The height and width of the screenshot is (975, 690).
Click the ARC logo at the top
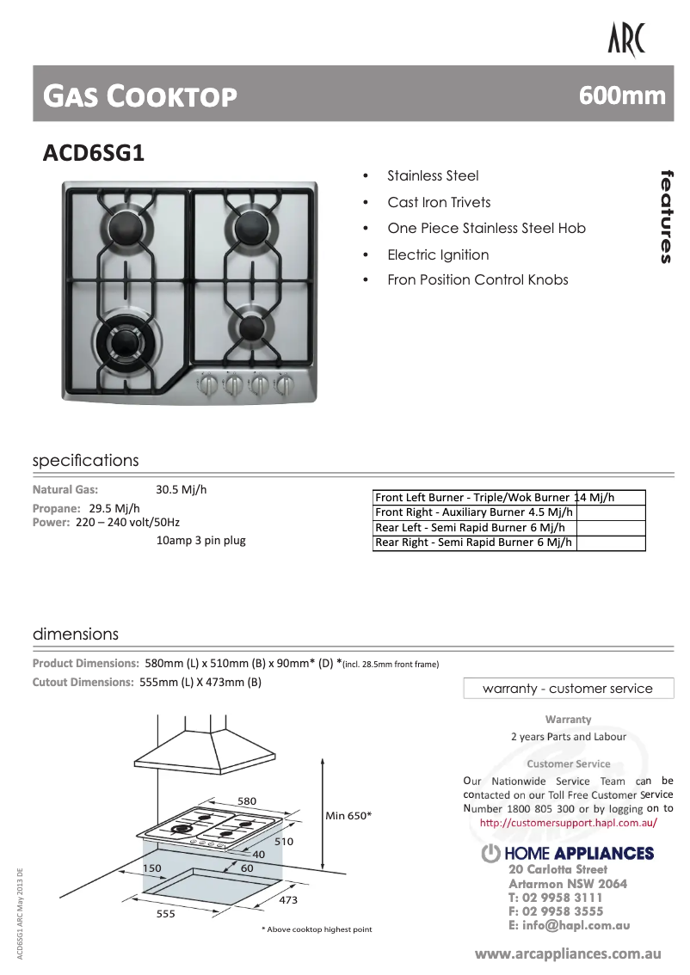[x=625, y=40]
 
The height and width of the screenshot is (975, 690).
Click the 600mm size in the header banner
[x=622, y=95]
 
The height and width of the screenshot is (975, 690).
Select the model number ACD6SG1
[x=94, y=153]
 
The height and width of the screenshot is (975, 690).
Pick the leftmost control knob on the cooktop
[x=206, y=383]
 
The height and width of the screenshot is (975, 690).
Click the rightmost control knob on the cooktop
[x=283, y=383]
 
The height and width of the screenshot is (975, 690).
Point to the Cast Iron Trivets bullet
[x=439, y=202]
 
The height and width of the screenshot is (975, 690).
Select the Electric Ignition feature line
[x=437, y=254]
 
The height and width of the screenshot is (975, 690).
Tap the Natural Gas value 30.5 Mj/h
[x=181, y=490]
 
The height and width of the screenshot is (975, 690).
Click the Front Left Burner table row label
[x=472, y=497]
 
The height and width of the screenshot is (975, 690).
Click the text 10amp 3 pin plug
[x=200, y=541]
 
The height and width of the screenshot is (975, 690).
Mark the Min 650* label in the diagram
[x=348, y=815]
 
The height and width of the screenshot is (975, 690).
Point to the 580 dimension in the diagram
[x=247, y=801]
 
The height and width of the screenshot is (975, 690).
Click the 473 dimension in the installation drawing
[x=288, y=899]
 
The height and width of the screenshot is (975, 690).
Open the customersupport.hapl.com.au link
[x=568, y=823]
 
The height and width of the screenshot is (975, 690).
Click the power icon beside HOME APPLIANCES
[x=490, y=854]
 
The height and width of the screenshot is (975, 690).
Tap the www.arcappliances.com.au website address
[x=568, y=954]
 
